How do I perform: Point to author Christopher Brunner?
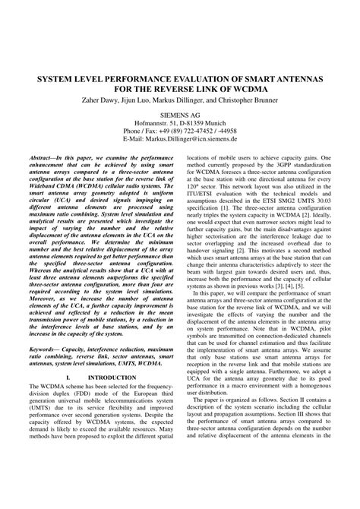(x=264, y=100)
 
